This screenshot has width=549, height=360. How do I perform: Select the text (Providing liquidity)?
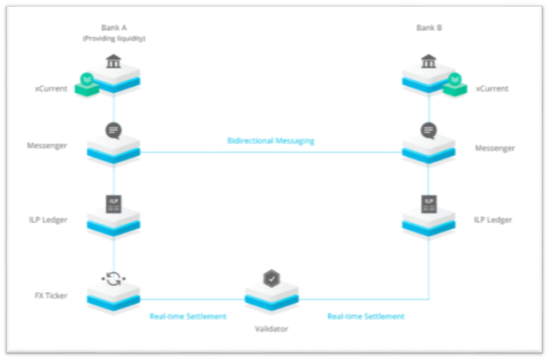click(114, 38)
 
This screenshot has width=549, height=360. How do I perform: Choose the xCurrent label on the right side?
click(491, 88)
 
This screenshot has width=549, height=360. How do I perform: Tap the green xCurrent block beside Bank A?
click(87, 83)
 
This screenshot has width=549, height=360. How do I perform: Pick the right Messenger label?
click(495, 147)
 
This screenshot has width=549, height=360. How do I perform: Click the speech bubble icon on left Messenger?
click(114, 131)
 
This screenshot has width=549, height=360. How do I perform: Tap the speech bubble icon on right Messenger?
click(429, 131)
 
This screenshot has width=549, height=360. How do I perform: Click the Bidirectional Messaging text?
click(270, 140)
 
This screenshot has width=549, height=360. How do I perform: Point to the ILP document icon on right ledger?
click(429, 204)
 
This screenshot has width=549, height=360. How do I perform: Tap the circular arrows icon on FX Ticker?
click(114, 278)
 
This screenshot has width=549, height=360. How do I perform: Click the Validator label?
click(271, 328)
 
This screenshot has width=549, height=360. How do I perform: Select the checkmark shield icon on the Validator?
click(271, 280)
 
